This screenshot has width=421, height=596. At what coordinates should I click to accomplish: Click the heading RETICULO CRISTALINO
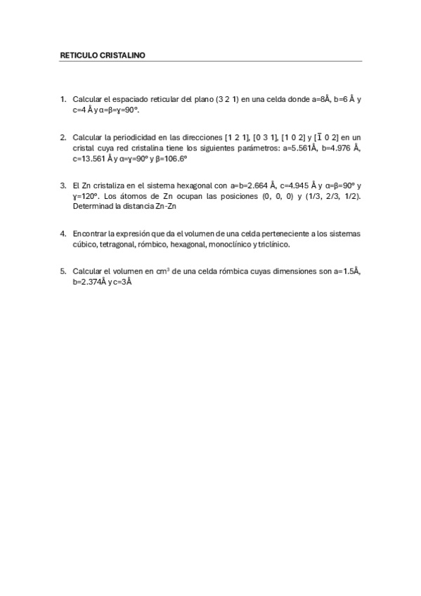pos(103,55)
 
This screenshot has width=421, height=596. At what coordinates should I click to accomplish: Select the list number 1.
pos(63,100)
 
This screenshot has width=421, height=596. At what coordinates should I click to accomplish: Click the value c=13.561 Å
pos(92,160)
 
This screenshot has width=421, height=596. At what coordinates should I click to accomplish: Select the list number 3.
pos(63,186)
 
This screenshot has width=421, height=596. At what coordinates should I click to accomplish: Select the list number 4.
pos(63,233)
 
